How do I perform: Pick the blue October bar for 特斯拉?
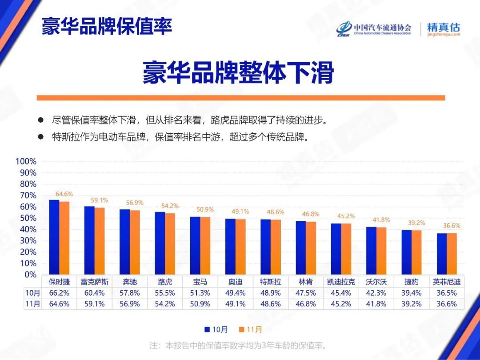(x=265, y=247)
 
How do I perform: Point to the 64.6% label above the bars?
(x=64, y=194)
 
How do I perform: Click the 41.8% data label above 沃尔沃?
(x=381, y=220)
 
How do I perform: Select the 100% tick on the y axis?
(x=26, y=161)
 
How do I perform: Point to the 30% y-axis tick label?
(x=28, y=240)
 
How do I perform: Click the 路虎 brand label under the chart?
(x=165, y=282)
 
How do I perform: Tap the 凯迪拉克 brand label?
(x=341, y=282)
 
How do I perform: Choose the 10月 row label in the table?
(x=32, y=293)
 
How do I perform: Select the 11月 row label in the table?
(x=32, y=304)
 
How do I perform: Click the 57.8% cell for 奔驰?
(x=130, y=293)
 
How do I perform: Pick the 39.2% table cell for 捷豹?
(x=411, y=304)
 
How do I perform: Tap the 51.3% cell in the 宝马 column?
(x=200, y=293)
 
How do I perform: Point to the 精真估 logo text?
(x=443, y=27)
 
